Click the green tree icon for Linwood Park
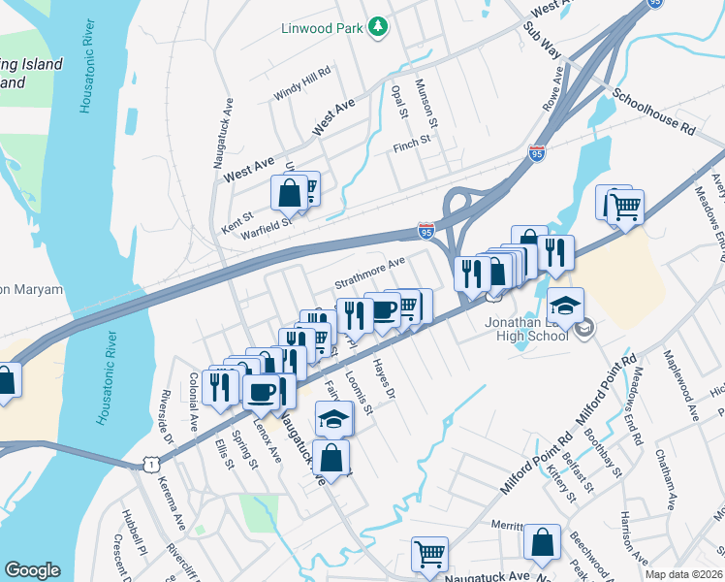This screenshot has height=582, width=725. [x=379, y=28]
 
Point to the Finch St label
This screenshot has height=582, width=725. [x=411, y=147]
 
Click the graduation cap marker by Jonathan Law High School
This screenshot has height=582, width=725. [x=565, y=305]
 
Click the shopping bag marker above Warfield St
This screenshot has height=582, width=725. [x=290, y=193]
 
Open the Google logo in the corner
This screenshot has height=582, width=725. [x=32, y=570]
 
